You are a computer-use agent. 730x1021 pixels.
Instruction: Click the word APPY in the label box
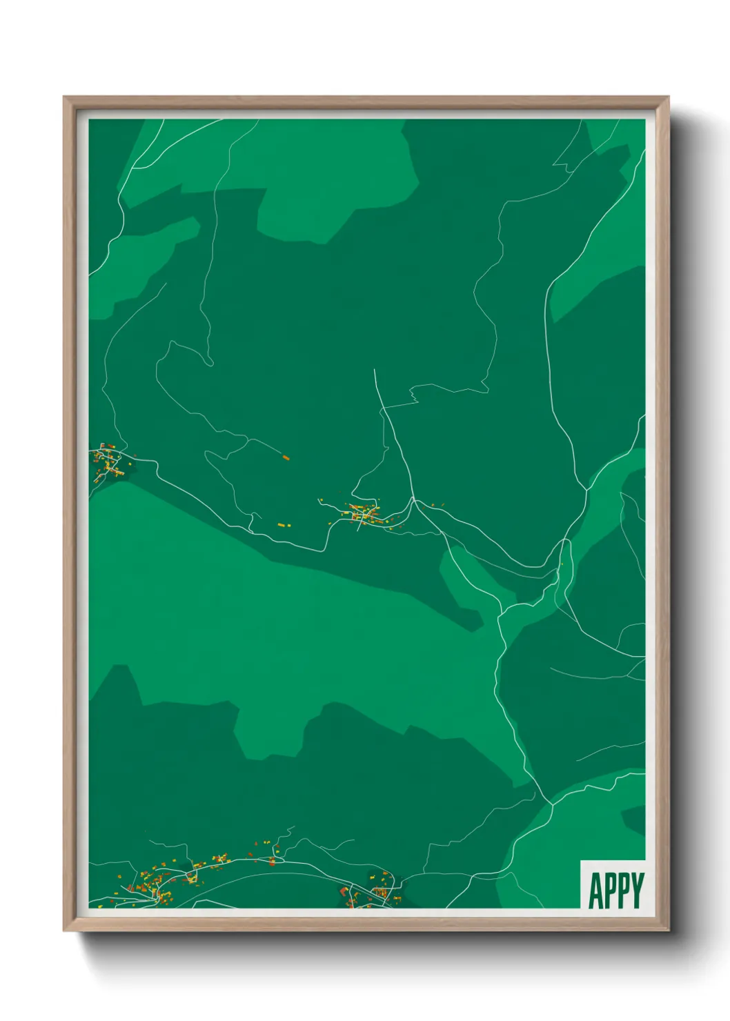point(616,890)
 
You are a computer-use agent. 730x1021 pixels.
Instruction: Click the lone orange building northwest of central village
point(286,457)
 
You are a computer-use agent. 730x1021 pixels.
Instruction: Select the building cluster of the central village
point(363,514)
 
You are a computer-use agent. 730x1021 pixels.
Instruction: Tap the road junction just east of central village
point(413,499)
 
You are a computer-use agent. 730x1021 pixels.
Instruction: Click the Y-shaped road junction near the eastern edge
point(586,490)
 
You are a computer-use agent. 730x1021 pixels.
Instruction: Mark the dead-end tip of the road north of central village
point(375,370)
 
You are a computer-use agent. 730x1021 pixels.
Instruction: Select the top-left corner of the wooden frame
point(64,97)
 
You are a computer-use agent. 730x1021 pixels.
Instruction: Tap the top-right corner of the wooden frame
point(668,97)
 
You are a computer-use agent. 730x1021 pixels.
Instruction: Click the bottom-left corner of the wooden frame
point(64,931)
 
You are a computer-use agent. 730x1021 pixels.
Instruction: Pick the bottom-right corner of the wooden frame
point(668,931)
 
